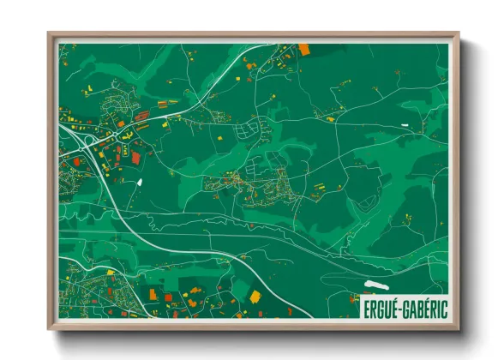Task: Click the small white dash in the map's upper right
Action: (x=405, y=128)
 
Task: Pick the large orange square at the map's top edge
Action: (x=303, y=49)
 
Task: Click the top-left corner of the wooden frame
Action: (x=49, y=34)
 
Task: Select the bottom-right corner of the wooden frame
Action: (x=459, y=329)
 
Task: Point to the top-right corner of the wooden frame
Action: (x=459, y=34)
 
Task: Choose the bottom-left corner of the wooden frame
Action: (x=49, y=329)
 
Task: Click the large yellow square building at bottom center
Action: (x=255, y=297)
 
